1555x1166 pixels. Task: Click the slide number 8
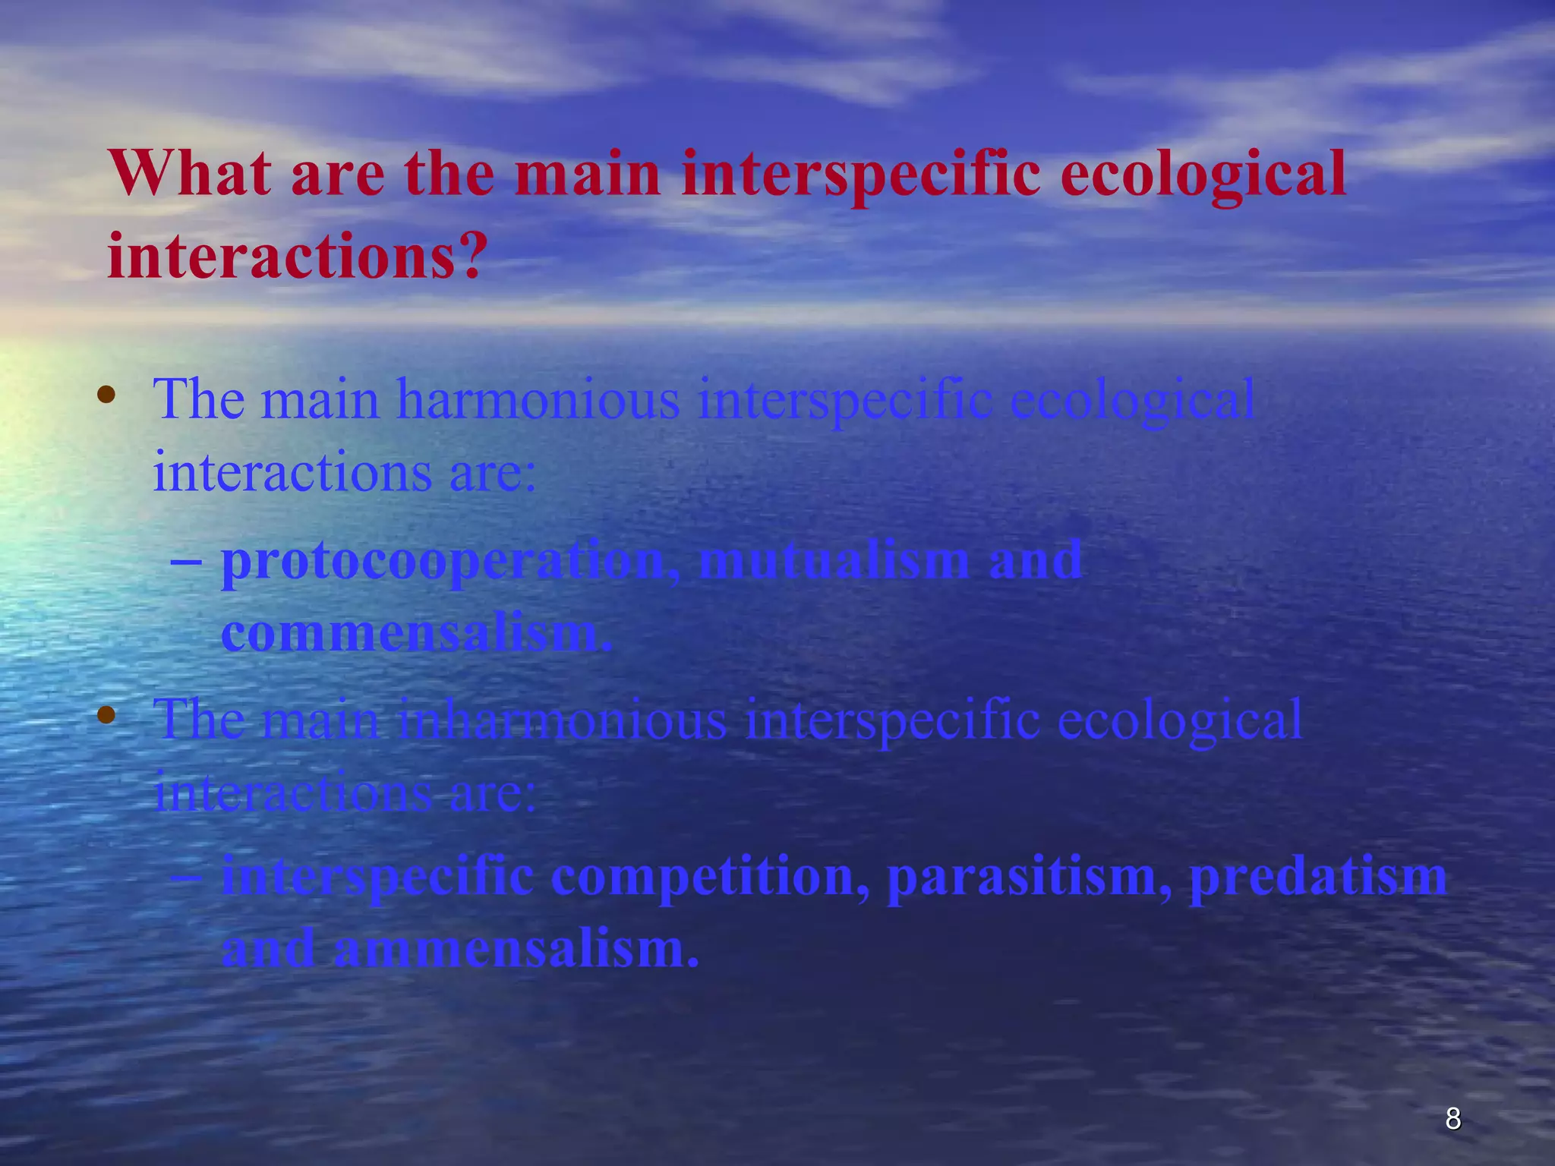[x=1452, y=1118]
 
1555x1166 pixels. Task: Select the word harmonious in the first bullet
[x=538, y=399]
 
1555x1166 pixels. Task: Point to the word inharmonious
[x=561, y=719]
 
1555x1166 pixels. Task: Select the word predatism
[x=1317, y=876]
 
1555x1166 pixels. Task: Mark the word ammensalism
[x=515, y=949]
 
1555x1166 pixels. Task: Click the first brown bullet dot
[x=106, y=394]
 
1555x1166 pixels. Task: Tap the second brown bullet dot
[x=106, y=714]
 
